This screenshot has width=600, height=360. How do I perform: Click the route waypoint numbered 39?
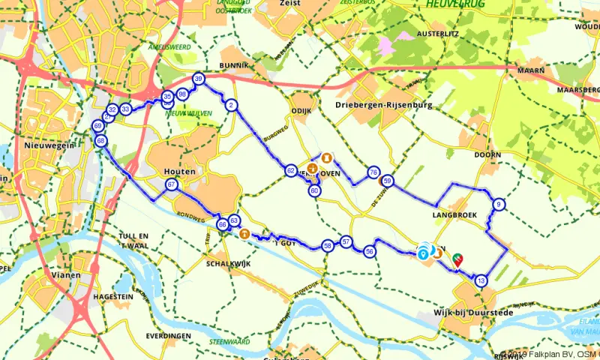click(x=198, y=79)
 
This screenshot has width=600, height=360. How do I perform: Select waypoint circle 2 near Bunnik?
click(x=232, y=105)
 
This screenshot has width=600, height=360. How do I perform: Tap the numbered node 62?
click(x=290, y=171)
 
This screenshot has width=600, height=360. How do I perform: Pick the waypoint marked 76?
click(x=373, y=173)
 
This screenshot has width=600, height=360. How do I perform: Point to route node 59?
click(x=387, y=181)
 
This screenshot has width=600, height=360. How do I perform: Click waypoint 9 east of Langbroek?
click(x=499, y=205)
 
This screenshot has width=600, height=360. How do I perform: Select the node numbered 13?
click(x=481, y=280)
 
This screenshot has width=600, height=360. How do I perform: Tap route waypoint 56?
click(x=370, y=252)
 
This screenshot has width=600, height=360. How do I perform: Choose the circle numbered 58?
click(x=328, y=245)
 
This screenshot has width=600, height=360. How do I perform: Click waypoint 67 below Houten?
click(x=172, y=185)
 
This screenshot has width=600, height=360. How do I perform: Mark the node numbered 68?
click(x=101, y=140)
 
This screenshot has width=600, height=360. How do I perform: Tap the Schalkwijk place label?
click(x=227, y=264)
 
